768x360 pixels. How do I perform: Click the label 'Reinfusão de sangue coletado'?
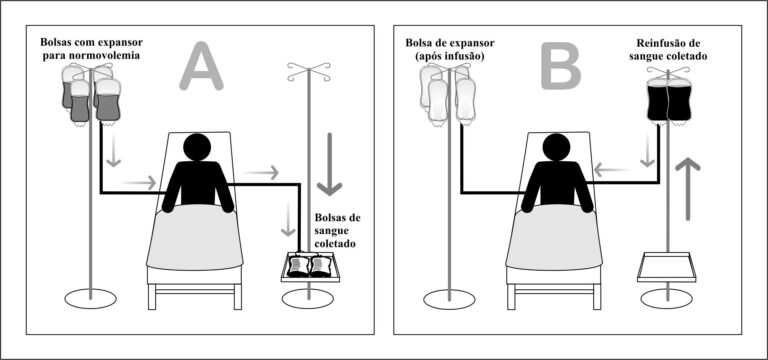pyautogui.click(x=674, y=51)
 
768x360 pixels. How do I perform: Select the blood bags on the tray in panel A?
pyautogui.click(x=310, y=266)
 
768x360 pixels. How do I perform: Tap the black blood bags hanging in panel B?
pyautogui.click(x=669, y=101)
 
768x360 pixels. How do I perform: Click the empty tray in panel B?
pyautogui.click(x=669, y=268)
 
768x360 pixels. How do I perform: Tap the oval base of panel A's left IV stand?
pyautogui.click(x=91, y=298)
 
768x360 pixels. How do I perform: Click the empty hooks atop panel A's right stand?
pyautogui.click(x=309, y=72)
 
